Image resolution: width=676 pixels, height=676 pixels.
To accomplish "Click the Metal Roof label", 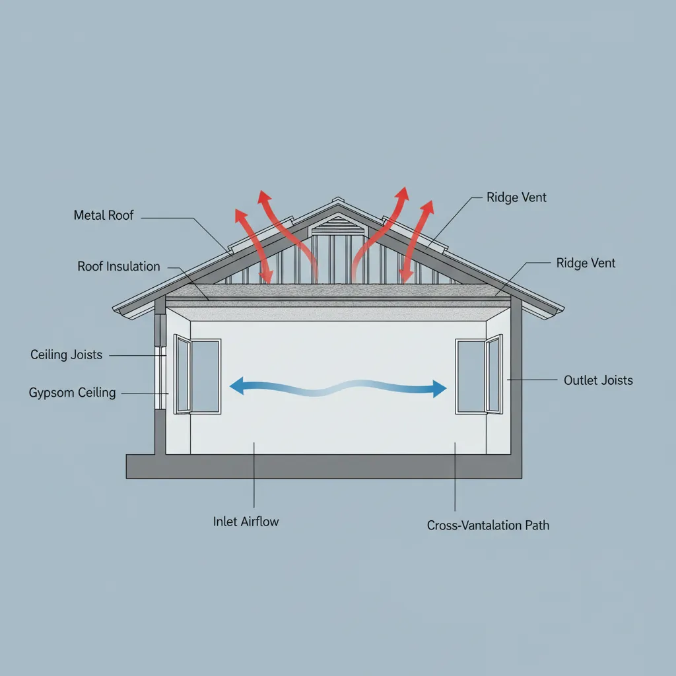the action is click(x=104, y=215).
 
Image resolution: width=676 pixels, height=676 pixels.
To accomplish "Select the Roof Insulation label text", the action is click(x=119, y=267).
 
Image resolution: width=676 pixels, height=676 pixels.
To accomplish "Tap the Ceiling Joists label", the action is click(x=67, y=355).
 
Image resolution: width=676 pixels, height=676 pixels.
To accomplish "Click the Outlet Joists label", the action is click(x=598, y=380).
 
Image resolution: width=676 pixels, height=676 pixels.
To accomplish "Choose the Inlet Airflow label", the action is click(x=246, y=522).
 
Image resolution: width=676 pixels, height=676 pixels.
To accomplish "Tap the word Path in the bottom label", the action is click(x=537, y=525).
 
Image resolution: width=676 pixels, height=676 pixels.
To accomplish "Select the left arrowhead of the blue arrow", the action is click(x=237, y=386).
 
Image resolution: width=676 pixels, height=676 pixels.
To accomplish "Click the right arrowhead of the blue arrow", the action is click(x=439, y=389).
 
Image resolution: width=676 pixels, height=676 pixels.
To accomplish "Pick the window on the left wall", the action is click(x=197, y=375).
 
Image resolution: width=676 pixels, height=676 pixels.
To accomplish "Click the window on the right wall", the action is click(x=479, y=375).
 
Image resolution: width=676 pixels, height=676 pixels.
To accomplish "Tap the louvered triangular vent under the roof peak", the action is click(x=338, y=226).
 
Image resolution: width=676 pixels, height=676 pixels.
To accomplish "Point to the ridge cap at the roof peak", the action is click(x=338, y=200).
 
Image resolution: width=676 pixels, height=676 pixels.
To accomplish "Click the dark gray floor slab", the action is click(x=323, y=467).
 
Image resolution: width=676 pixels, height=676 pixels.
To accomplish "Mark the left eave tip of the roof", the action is click(x=114, y=309).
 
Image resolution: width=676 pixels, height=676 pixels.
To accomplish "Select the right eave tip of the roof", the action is click(x=563, y=309).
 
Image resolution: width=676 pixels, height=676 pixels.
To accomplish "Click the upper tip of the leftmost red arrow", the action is click(x=236, y=209).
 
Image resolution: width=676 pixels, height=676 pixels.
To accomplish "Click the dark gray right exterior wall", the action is click(x=516, y=375).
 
